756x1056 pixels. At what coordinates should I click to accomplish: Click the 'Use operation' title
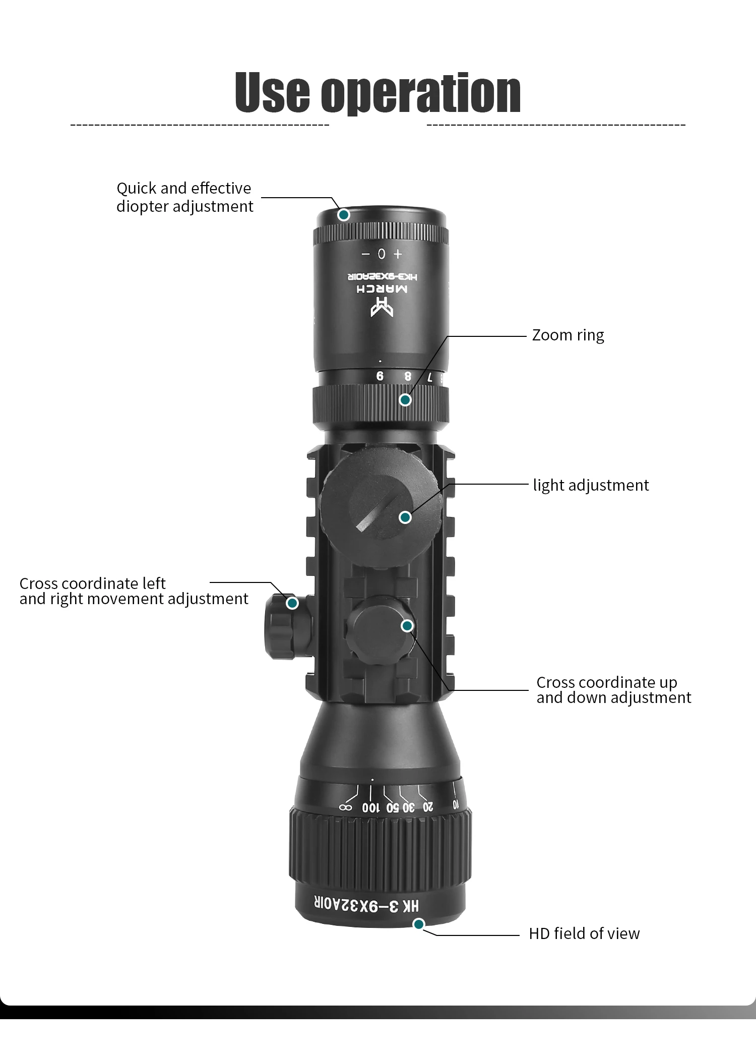click(378, 93)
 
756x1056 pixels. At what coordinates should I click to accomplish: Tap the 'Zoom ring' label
click(568, 335)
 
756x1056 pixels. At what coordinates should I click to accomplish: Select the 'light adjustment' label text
click(591, 485)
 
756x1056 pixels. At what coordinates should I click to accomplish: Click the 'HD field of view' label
click(584, 933)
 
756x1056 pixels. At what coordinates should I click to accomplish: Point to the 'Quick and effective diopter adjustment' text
click(184, 197)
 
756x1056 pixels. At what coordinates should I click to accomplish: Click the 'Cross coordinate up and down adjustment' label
click(613, 690)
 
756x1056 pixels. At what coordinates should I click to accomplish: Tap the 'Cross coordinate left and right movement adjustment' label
click(134, 591)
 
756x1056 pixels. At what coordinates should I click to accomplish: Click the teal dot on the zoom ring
click(405, 400)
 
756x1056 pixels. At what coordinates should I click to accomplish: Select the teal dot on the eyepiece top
click(344, 215)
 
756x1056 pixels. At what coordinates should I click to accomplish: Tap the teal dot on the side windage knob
click(292, 603)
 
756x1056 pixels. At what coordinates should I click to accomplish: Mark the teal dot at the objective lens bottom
click(418, 924)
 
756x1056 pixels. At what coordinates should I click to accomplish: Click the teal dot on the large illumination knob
click(405, 517)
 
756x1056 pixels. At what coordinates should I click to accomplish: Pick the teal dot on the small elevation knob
click(407, 626)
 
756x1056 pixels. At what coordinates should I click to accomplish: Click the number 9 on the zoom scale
click(380, 376)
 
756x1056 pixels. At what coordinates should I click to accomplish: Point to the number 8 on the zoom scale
click(408, 376)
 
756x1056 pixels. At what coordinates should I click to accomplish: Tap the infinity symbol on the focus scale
click(345, 807)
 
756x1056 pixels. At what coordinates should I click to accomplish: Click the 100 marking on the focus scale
click(370, 808)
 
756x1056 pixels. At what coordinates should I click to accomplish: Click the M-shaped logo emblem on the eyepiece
click(382, 307)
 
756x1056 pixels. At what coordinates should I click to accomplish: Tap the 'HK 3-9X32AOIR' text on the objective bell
click(366, 905)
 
